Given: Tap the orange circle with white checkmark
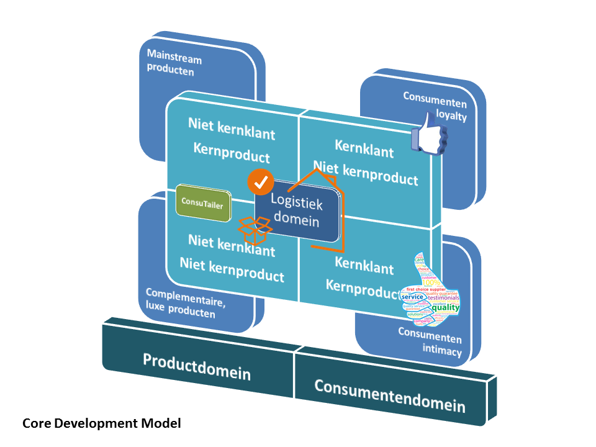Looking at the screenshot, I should tap(261, 181).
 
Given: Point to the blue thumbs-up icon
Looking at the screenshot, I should tap(430, 133).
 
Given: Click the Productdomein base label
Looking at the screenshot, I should tap(197, 366).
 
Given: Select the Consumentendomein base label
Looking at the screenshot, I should tap(389, 395).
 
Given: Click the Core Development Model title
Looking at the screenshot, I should tap(102, 423).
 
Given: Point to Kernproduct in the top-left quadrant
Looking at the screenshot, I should tap(232, 152).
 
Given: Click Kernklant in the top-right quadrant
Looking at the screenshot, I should tap(364, 148).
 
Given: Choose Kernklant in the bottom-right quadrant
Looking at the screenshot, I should tap(364, 265).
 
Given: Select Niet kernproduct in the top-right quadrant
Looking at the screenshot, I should tap(365, 173).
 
